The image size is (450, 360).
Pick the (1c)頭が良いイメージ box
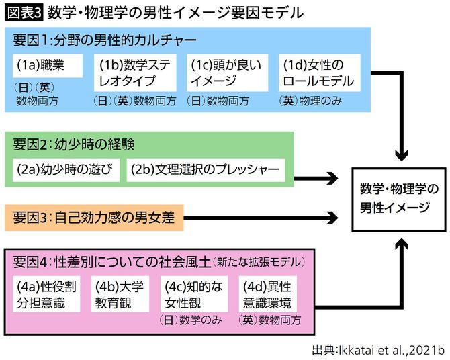[x=227, y=73]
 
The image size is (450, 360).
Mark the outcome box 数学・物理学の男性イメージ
[x=394, y=197]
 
